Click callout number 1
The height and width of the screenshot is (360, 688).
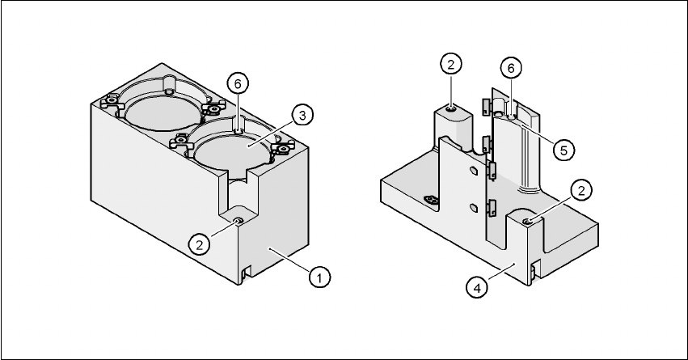pyautogui.click(x=321, y=277)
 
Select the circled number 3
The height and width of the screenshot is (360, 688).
pyautogui.click(x=300, y=116)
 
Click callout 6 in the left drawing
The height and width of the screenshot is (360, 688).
pyautogui.click(x=236, y=83)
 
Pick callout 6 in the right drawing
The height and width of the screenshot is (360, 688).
pyautogui.click(x=511, y=70)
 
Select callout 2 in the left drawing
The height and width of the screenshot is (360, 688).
pyautogui.click(x=196, y=242)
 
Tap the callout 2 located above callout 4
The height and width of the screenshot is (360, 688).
pyautogui.click(x=582, y=190)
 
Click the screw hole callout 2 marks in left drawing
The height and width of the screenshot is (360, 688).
pyautogui.click(x=238, y=220)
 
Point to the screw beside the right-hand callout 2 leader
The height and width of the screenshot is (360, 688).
pyautogui.click(x=526, y=221)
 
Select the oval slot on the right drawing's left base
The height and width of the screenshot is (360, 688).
pyautogui.click(x=431, y=200)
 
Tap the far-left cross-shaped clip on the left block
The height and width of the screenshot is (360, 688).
pyautogui.click(x=110, y=104)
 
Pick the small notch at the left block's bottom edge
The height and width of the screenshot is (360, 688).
pyautogui.click(x=243, y=273)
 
